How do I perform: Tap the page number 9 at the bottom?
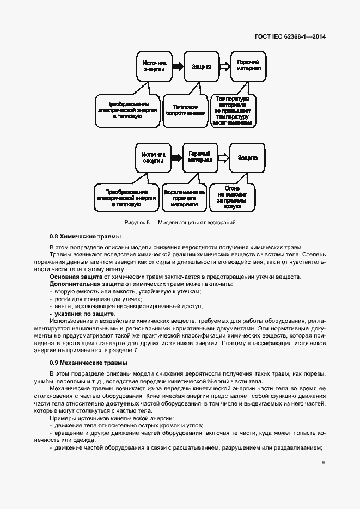tap(324, 462)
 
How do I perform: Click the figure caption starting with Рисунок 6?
tap(180, 223)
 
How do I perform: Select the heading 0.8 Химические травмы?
tap(85, 236)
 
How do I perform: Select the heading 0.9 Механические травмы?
tap(88, 362)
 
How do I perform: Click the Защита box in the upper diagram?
tap(201, 66)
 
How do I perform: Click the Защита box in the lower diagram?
tap(248, 157)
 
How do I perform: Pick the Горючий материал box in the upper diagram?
tap(248, 66)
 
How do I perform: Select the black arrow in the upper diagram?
tap(176, 66)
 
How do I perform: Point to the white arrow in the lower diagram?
tap(223, 157)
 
